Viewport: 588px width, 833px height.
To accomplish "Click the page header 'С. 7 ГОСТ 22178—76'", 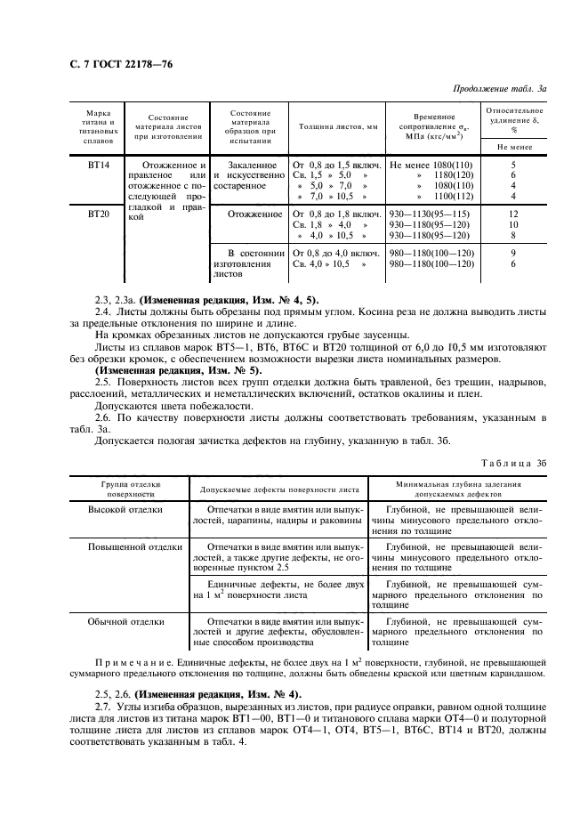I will [x=123, y=66].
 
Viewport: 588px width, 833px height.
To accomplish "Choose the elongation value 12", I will [x=513, y=214].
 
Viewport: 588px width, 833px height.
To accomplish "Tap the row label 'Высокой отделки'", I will [x=125, y=510].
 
